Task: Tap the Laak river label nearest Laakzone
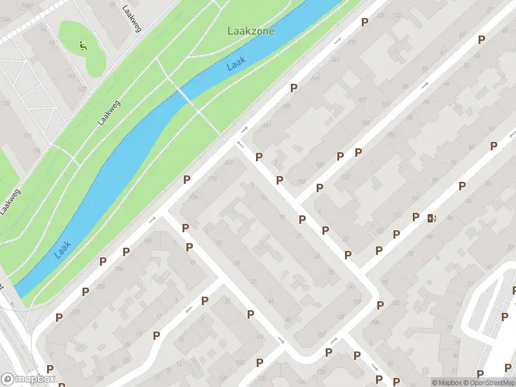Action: pos(235,64)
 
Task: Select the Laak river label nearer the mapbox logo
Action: pos(63,250)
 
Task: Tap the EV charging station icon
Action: pos(432,218)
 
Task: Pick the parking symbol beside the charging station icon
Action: pos(416,217)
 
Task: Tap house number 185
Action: pos(147,241)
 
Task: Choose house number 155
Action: pos(287,106)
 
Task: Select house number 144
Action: pos(315,78)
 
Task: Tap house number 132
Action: pos(352,42)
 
